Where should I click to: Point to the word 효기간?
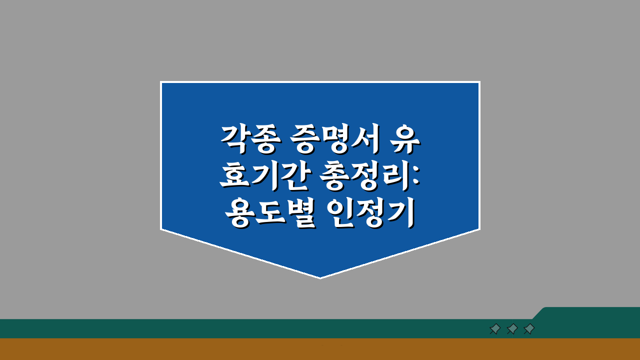263,177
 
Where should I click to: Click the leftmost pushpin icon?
495,329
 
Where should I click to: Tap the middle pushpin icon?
512,329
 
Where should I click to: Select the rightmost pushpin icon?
529,329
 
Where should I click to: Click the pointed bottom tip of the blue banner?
320,277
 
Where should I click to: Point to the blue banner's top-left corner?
161,82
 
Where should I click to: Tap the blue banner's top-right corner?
479,82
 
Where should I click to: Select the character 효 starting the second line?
234,177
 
